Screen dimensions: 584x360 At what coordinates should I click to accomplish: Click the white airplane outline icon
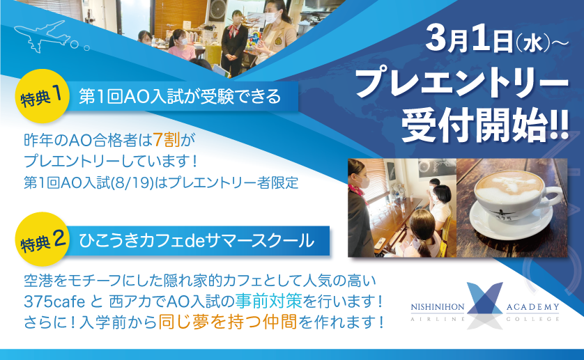coord(42,36)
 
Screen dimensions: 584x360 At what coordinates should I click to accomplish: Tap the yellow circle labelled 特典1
coord(42,95)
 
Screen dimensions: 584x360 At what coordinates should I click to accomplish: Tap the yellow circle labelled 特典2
coord(42,239)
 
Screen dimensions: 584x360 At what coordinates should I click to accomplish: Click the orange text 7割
coord(167,141)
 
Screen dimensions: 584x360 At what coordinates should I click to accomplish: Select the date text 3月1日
coord(470,40)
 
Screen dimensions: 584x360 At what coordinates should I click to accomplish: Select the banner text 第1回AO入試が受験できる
coord(180,97)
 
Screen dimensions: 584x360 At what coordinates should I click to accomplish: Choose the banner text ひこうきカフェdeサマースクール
coord(197,240)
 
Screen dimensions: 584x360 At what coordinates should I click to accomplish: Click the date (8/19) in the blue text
coord(132,183)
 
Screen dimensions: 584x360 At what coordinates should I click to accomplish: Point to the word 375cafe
coord(54,302)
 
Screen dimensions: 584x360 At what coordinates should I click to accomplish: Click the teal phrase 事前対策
coord(268,302)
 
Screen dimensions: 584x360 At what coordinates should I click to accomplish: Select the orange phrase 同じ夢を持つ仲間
coord(228,322)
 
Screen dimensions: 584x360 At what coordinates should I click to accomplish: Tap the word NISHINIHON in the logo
coord(438,307)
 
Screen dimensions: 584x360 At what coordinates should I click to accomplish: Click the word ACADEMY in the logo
coord(532,307)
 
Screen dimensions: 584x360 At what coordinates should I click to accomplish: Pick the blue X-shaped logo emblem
coord(485,305)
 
